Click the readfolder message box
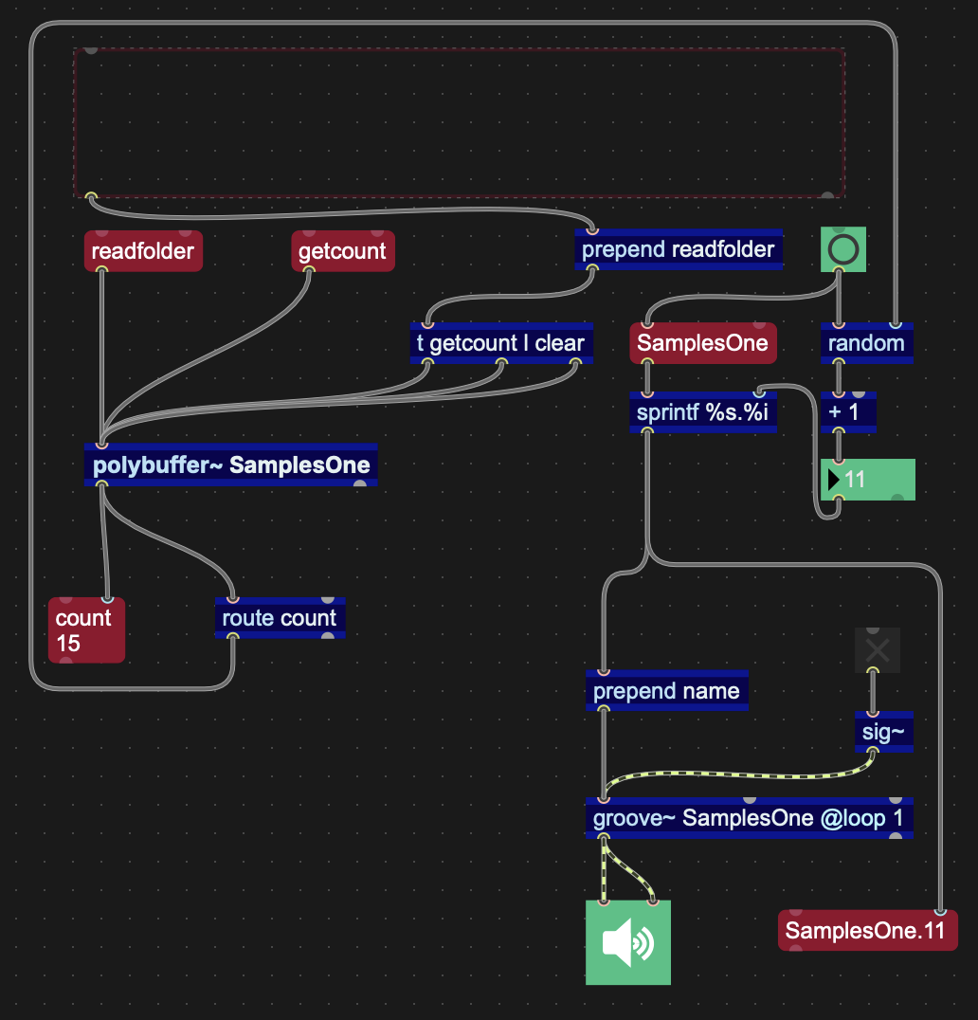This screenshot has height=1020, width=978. (x=143, y=251)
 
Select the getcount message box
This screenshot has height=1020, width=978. (x=342, y=251)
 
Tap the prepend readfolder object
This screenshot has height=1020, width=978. (x=678, y=250)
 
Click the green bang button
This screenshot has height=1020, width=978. (x=843, y=250)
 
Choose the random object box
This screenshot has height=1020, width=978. (x=866, y=343)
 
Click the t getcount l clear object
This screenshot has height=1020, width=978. (x=501, y=343)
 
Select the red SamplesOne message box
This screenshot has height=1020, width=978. (x=702, y=343)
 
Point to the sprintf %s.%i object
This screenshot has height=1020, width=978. (x=702, y=414)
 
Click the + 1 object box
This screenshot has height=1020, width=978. (x=848, y=414)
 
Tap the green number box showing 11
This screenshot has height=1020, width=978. (x=867, y=480)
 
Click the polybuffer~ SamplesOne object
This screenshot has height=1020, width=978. (x=230, y=465)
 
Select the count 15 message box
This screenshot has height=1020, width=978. (x=86, y=630)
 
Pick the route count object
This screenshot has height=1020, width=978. (x=280, y=618)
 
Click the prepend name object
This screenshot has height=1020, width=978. (x=666, y=691)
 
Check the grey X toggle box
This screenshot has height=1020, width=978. (x=877, y=649)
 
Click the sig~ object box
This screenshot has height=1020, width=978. (x=883, y=732)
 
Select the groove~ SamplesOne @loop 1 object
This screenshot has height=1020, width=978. (x=749, y=818)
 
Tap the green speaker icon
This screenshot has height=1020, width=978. (x=627, y=942)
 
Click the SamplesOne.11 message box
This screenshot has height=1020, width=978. (x=866, y=931)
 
